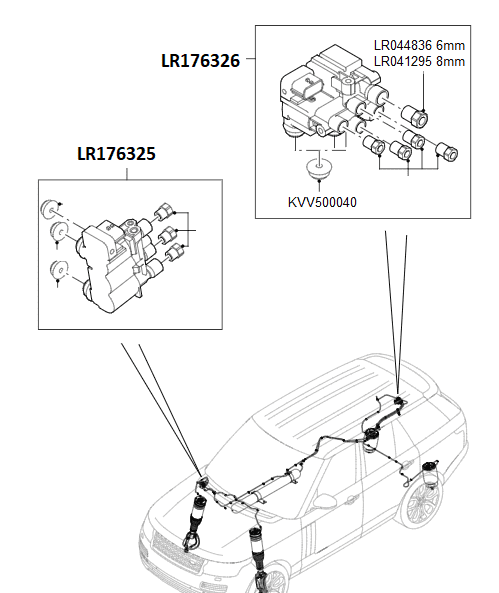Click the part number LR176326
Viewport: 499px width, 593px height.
[200, 60]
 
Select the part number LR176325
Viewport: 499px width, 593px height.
[116, 155]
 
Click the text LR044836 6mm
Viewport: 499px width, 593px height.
[419, 45]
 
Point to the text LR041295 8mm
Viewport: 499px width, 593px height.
[419, 61]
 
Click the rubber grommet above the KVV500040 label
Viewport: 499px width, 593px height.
[319, 166]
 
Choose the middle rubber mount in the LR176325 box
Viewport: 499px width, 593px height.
[59, 234]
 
